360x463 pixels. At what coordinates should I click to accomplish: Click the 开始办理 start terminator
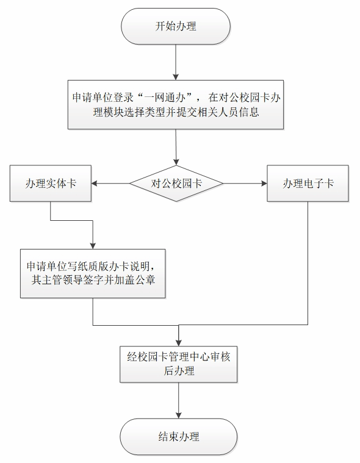[175, 26]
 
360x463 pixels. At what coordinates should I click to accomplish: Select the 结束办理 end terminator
[178, 436]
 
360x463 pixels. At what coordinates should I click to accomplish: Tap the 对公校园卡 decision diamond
[176, 184]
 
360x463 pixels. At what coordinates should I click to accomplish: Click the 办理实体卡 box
[51, 184]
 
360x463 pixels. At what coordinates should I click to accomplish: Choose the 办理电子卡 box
[308, 184]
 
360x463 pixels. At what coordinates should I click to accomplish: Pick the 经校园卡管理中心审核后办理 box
[178, 364]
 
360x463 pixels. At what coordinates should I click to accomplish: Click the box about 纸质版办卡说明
[93, 273]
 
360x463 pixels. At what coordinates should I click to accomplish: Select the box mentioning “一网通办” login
[176, 104]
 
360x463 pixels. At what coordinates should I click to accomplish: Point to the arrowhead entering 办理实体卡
[94, 184]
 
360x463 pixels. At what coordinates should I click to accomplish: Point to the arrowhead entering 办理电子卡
[264, 184]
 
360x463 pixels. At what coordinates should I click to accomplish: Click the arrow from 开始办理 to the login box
[176, 62]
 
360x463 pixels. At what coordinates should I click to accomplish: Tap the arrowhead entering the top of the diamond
[176, 162]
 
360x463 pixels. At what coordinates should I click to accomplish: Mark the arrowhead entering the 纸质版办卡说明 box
[93, 246]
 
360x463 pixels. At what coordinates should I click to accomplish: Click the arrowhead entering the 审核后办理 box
[178, 343]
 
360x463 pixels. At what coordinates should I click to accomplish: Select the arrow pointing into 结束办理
[178, 400]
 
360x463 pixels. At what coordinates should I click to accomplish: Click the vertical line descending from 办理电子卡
[308, 263]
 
